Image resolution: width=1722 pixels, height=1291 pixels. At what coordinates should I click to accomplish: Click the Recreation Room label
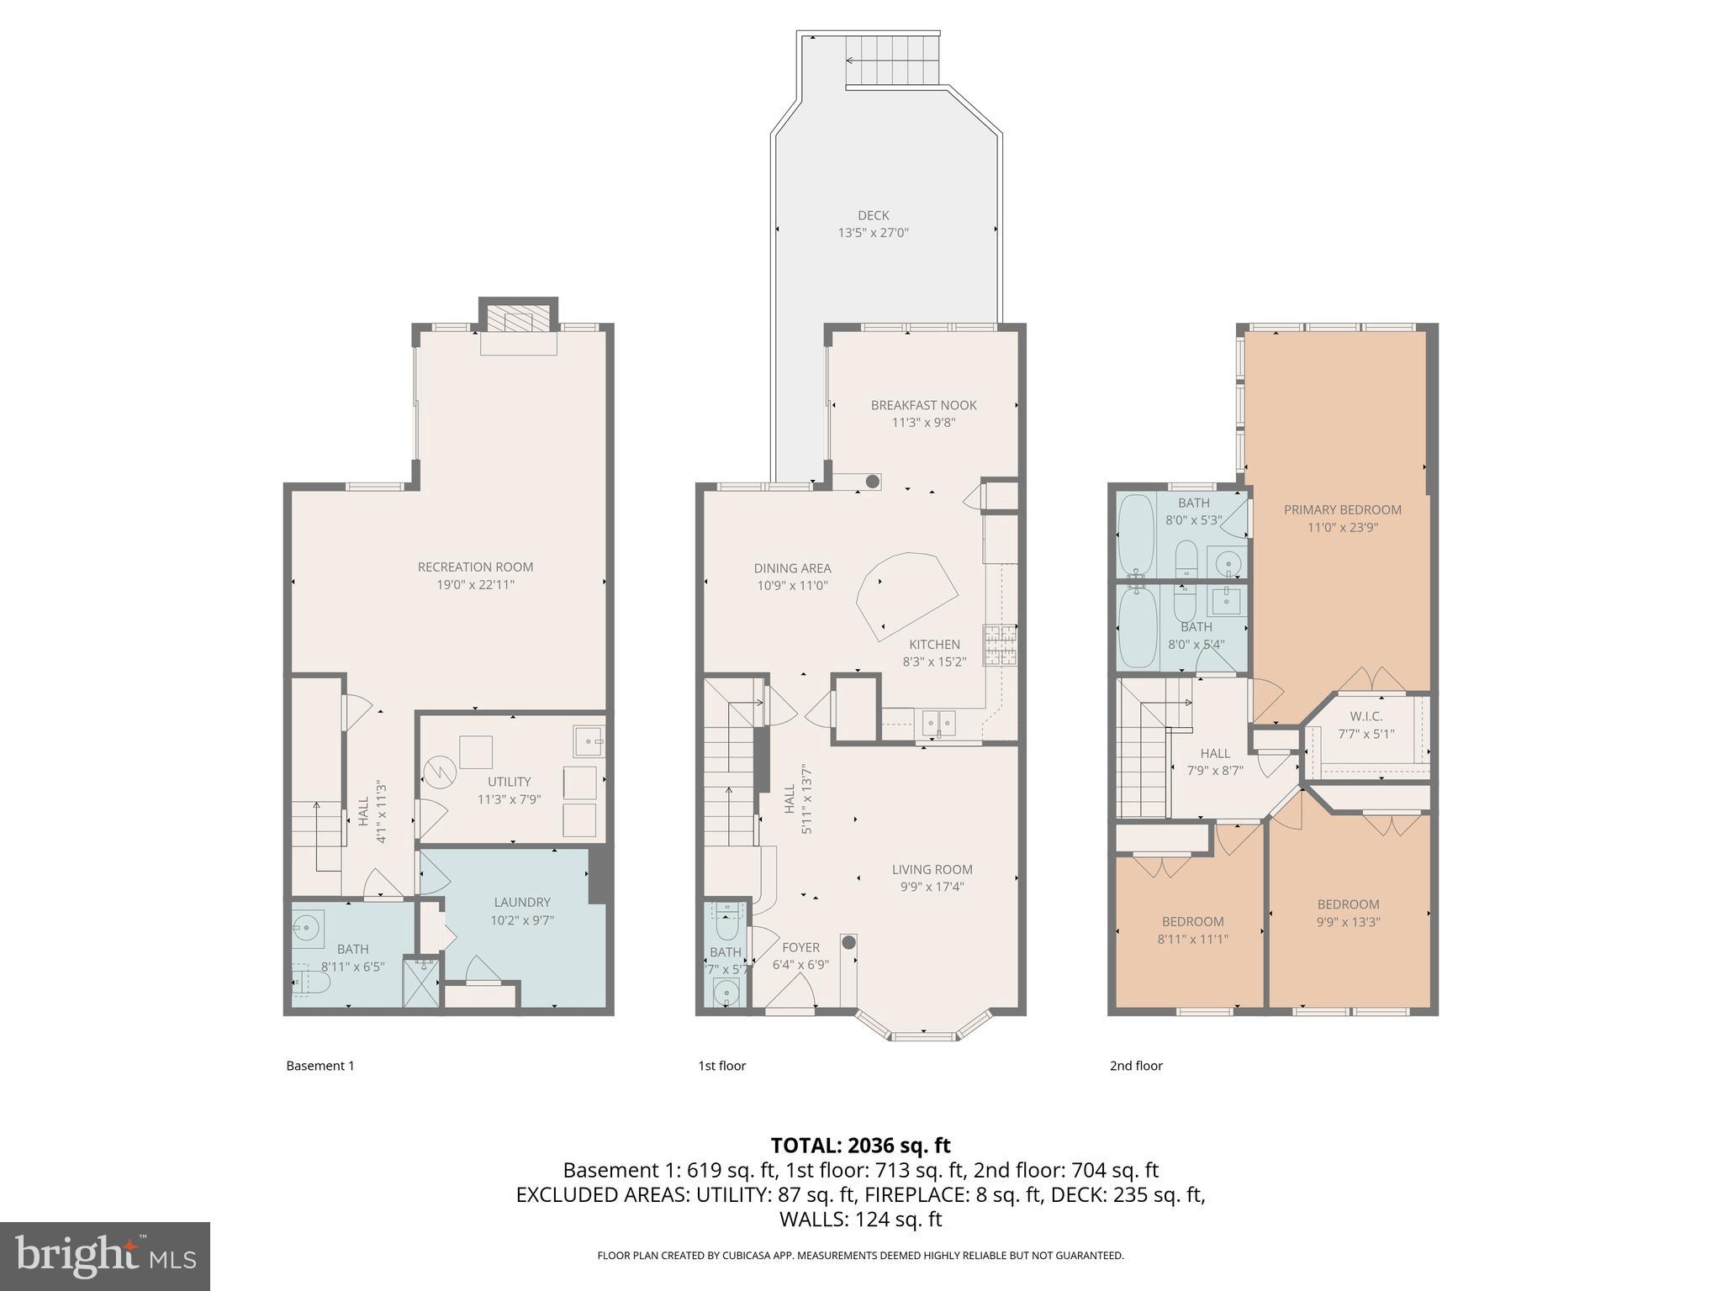(x=475, y=567)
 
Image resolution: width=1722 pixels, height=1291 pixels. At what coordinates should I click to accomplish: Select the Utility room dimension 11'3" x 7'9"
(x=509, y=799)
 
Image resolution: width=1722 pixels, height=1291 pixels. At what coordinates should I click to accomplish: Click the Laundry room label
(x=522, y=902)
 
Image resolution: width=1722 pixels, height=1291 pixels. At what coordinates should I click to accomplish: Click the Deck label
(x=874, y=215)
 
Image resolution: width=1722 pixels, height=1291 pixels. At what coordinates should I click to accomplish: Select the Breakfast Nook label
(x=923, y=405)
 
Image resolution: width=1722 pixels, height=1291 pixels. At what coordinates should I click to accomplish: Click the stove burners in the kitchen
(x=1000, y=645)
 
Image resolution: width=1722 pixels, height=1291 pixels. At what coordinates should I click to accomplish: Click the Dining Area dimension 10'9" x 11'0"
(x=792, y=586)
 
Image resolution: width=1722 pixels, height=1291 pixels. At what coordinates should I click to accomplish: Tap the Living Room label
(x=932, y=870)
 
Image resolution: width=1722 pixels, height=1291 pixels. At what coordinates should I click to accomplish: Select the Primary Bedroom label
(x=1342, y=509)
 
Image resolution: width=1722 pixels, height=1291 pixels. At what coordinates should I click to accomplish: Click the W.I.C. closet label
(x=1365, y=716)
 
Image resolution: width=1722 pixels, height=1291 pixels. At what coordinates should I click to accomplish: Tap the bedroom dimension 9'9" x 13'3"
(x=1348, y=922)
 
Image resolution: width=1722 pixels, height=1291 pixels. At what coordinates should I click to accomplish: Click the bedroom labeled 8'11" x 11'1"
(x=1192, y=930)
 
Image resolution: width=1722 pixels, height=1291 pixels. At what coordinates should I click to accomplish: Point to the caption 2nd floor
(x=1136, y=1066)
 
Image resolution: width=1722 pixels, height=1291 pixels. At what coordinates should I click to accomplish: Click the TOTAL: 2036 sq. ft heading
(x=860, y=1145)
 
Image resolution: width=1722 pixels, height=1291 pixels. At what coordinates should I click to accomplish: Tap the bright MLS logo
(x=104, y=1256)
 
